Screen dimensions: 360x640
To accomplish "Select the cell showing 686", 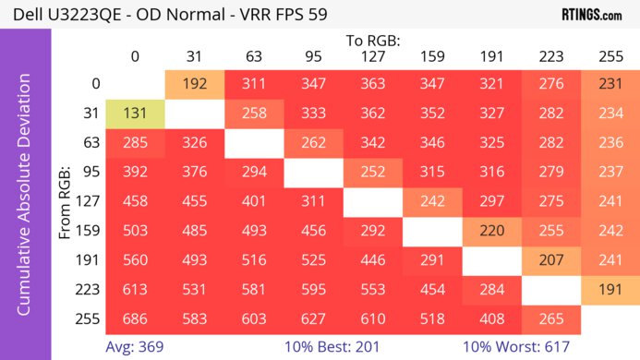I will click(135, 320).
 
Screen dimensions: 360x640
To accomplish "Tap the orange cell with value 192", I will click(194, 84).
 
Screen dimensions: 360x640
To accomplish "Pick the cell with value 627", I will click(313, 320).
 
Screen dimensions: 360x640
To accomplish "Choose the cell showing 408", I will click(491, 320).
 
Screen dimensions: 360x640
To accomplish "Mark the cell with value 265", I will click(550, 320).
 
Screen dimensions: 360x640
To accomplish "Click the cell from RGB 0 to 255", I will click(610, 84).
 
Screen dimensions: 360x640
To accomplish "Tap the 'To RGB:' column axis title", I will click(372, 41).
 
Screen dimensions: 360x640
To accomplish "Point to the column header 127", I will click(372, 56).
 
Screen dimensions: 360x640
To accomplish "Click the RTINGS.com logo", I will click(591, 15).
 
